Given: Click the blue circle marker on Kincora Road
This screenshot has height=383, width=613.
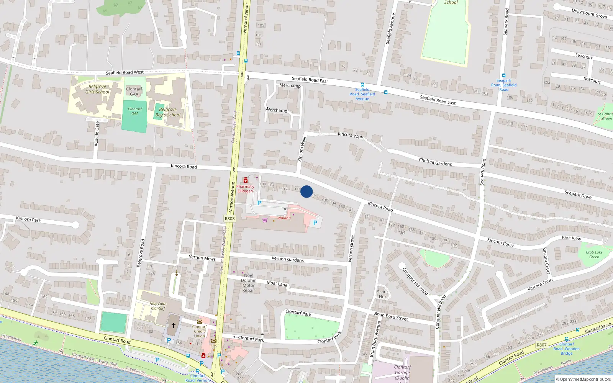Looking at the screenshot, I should pyautogui.click(x=306, y=191).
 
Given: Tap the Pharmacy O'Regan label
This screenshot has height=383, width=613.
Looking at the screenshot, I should pyautogui.click(x=245, y=188).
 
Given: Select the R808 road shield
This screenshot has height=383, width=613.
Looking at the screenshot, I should pyautogui.click(x=229, y=219).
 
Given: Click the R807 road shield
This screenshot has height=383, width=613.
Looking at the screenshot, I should pyautogui.click(x=541, y=345).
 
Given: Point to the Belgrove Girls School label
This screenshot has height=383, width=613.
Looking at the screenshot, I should pyautogui.click(x=97, y=89).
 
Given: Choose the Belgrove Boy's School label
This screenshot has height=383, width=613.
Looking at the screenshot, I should pyautogui.click(x=168, y=112).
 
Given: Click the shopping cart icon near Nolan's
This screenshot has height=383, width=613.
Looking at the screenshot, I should pyautogui.click(x=265, y=220).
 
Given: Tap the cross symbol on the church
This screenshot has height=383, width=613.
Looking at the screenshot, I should pyautogui.click(x=173, y=326).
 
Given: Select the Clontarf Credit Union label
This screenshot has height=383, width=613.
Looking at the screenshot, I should pyautogui.click(x=199, y=331).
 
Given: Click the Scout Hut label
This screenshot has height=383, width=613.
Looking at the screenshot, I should pyautogui.click(x=382, y=294).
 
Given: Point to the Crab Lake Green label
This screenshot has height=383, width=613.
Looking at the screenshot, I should pyautogui.click(x=594, y=254).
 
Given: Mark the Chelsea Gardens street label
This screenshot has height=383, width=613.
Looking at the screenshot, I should pyautogui.click(x=435, y=162).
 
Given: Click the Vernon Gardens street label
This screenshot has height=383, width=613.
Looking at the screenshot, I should pyautogui.click(x=287, y=259).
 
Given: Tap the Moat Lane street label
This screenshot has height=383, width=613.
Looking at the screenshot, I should pyautogui.click(x=277, y=283).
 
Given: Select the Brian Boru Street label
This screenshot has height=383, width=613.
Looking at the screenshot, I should pyautogui.click(x=391, y=316).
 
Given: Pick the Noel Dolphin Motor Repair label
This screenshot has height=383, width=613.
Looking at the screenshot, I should pyautogui.click(x=249, y=283).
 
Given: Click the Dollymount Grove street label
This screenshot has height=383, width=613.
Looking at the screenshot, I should pyautogui.click(x=589, y=13).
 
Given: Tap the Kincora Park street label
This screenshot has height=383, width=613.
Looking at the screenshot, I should pyautogui.click(x=28, y=219).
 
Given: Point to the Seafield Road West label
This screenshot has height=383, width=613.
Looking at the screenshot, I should pyautogui.click(x=125, y=72).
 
